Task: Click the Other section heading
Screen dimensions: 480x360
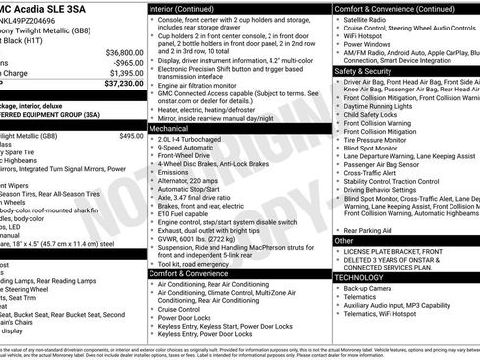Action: (344, 240)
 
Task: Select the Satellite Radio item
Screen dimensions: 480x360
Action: (369, 20)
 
